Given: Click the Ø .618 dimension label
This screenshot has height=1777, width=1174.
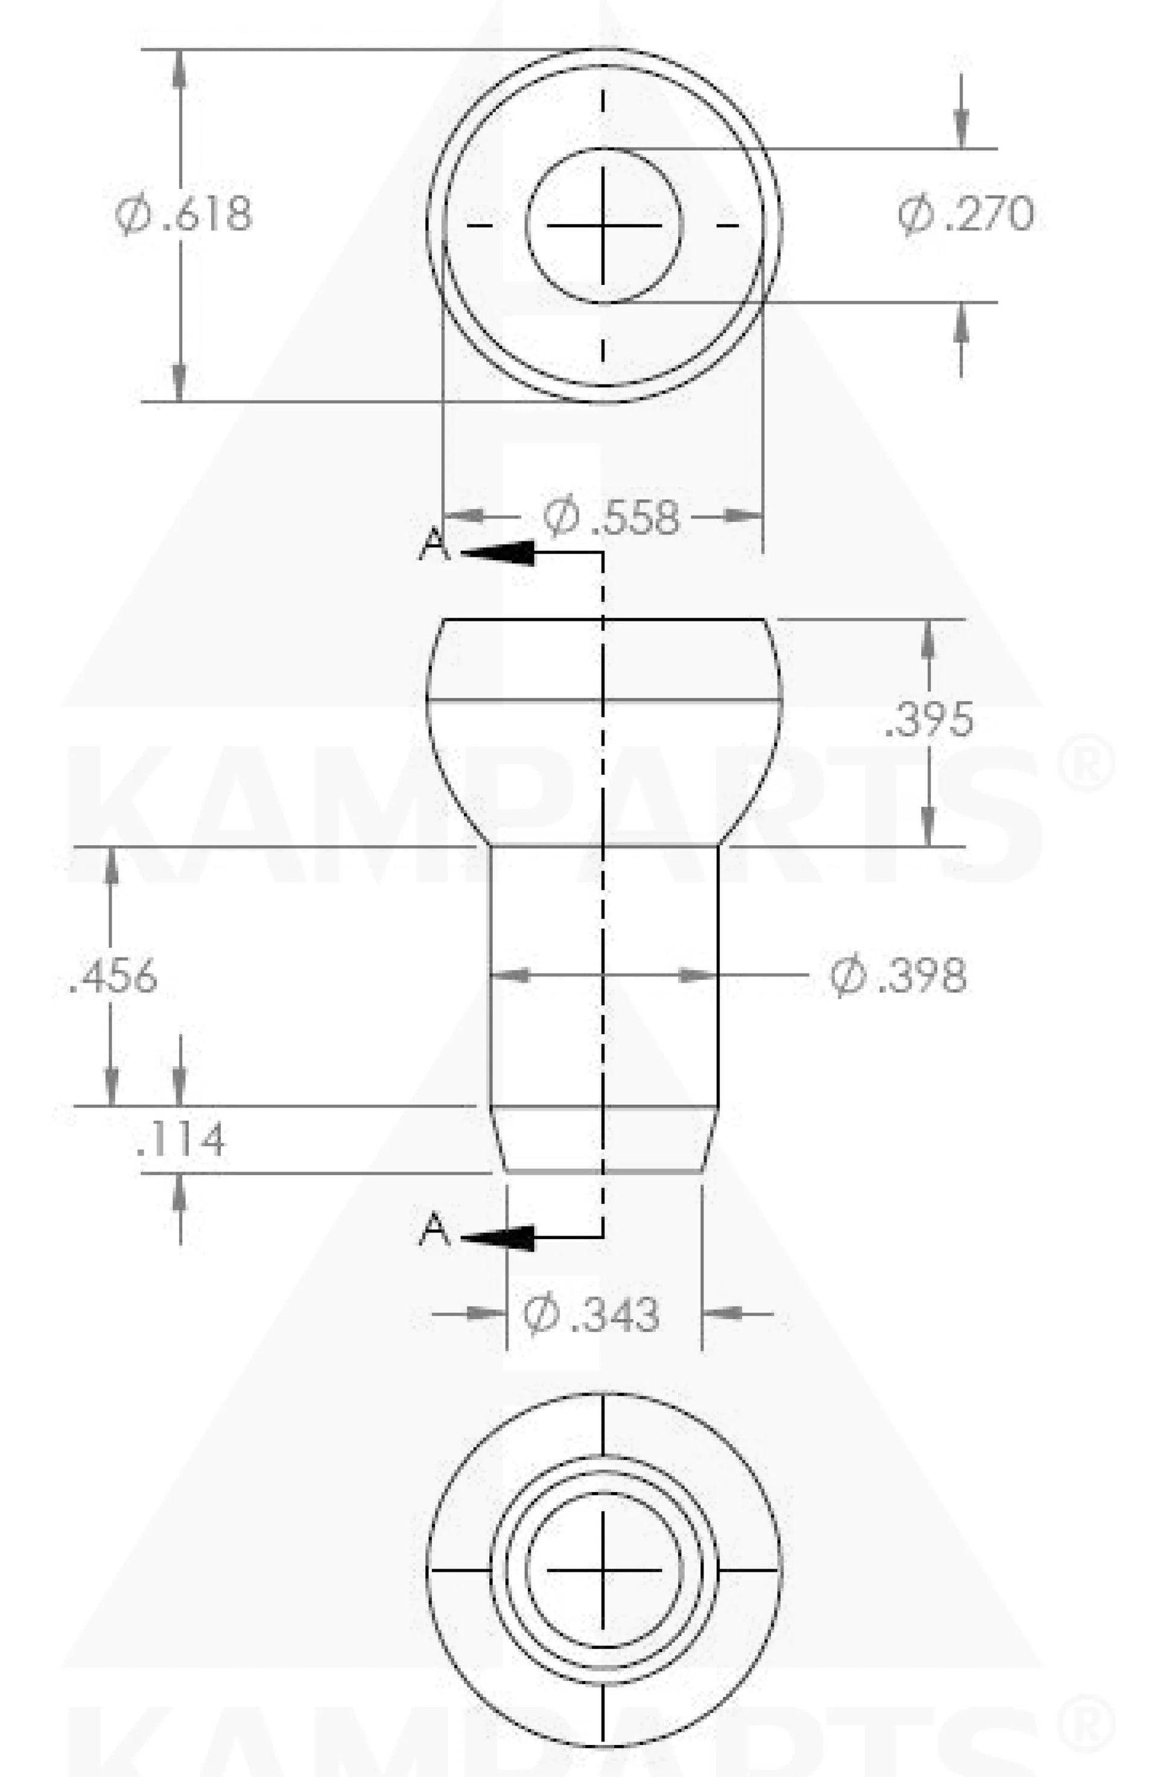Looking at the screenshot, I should point(184,214).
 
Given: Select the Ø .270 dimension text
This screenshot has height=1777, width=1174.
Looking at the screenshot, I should point(966,214).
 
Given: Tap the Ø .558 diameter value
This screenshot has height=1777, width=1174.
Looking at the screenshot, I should point(612,517).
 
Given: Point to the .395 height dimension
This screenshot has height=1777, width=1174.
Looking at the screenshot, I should point(929,720).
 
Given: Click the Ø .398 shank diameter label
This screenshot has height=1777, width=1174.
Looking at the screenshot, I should point(898,976).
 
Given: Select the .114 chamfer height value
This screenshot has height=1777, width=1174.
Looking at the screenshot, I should point(180,1139).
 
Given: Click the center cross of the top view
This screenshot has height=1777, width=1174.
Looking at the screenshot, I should point(603,225).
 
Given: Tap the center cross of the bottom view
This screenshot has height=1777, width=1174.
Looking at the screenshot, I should point(603,1569).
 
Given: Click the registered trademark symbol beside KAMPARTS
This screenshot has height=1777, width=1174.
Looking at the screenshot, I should point(1087,763).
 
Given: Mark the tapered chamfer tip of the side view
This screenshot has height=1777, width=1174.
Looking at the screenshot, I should point(603,1139).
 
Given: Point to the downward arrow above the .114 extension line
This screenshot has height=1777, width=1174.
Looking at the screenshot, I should point(180,1087).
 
